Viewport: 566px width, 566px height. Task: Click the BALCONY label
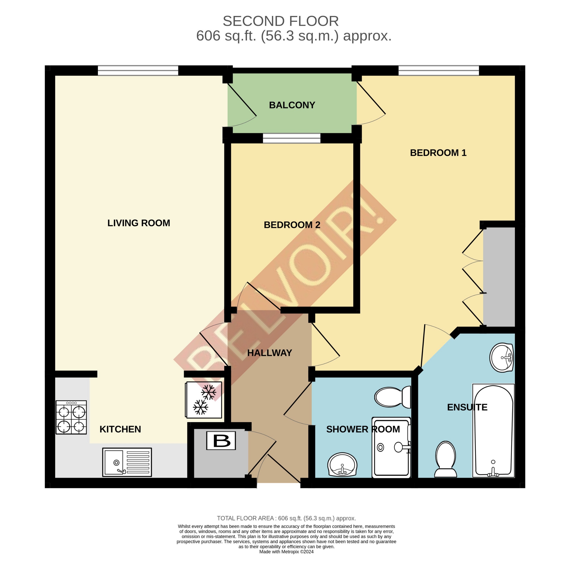292,105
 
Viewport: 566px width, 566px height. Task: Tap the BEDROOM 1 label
438,153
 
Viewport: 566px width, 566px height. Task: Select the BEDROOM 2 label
292,225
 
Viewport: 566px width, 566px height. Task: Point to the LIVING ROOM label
139,223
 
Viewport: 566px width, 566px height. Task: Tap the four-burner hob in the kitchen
71,418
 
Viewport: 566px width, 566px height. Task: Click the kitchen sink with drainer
127,462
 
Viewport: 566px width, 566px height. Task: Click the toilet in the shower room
393,397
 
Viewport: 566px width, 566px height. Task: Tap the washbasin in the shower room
342,465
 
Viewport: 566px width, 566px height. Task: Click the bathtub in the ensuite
493,431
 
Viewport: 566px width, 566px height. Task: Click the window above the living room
138,71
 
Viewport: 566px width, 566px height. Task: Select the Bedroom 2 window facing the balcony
292,138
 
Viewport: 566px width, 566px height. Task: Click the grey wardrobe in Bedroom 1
499,277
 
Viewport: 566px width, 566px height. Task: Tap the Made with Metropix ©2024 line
286,552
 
